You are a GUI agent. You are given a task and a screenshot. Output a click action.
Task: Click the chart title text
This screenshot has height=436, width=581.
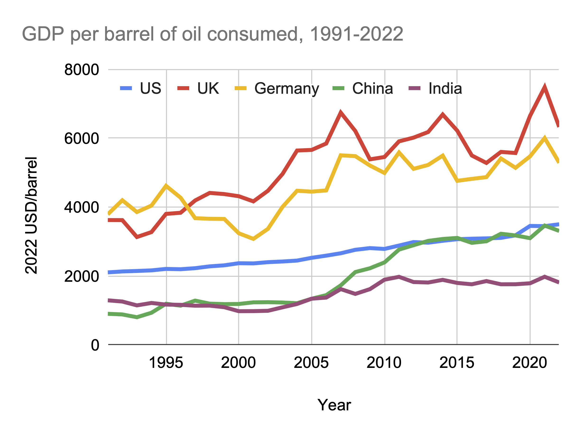[212, 34]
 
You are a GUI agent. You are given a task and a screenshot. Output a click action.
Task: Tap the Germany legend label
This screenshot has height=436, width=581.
[286, 89]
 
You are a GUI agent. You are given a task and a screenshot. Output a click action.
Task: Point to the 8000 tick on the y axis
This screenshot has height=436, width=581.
[82, 70]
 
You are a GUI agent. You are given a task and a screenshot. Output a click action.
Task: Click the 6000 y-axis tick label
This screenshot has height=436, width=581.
[82, 139]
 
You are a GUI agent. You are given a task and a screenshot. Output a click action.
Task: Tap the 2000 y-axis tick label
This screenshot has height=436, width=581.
[82, 276]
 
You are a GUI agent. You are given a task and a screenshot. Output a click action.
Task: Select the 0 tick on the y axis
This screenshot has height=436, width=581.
[95, 345]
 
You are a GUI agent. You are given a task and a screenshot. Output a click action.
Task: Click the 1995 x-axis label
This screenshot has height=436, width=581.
[166, 363]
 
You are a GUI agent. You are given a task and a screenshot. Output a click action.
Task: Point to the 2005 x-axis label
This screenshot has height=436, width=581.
[311, 363]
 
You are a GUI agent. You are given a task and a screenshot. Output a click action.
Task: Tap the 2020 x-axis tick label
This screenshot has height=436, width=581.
[530, 363]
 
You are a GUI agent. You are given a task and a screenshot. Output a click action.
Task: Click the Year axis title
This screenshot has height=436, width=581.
[334, 405]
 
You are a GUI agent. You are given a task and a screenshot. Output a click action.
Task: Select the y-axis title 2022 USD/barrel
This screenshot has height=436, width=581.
[32, 216]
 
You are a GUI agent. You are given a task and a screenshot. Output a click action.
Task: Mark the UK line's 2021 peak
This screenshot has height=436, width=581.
[544, 87]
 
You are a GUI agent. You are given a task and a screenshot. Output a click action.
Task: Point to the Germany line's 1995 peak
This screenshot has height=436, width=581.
[166, 186]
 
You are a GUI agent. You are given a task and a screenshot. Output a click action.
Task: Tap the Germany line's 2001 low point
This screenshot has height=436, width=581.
[253, 239]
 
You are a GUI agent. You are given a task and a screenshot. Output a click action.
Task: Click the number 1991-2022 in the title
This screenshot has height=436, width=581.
[356, 34]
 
